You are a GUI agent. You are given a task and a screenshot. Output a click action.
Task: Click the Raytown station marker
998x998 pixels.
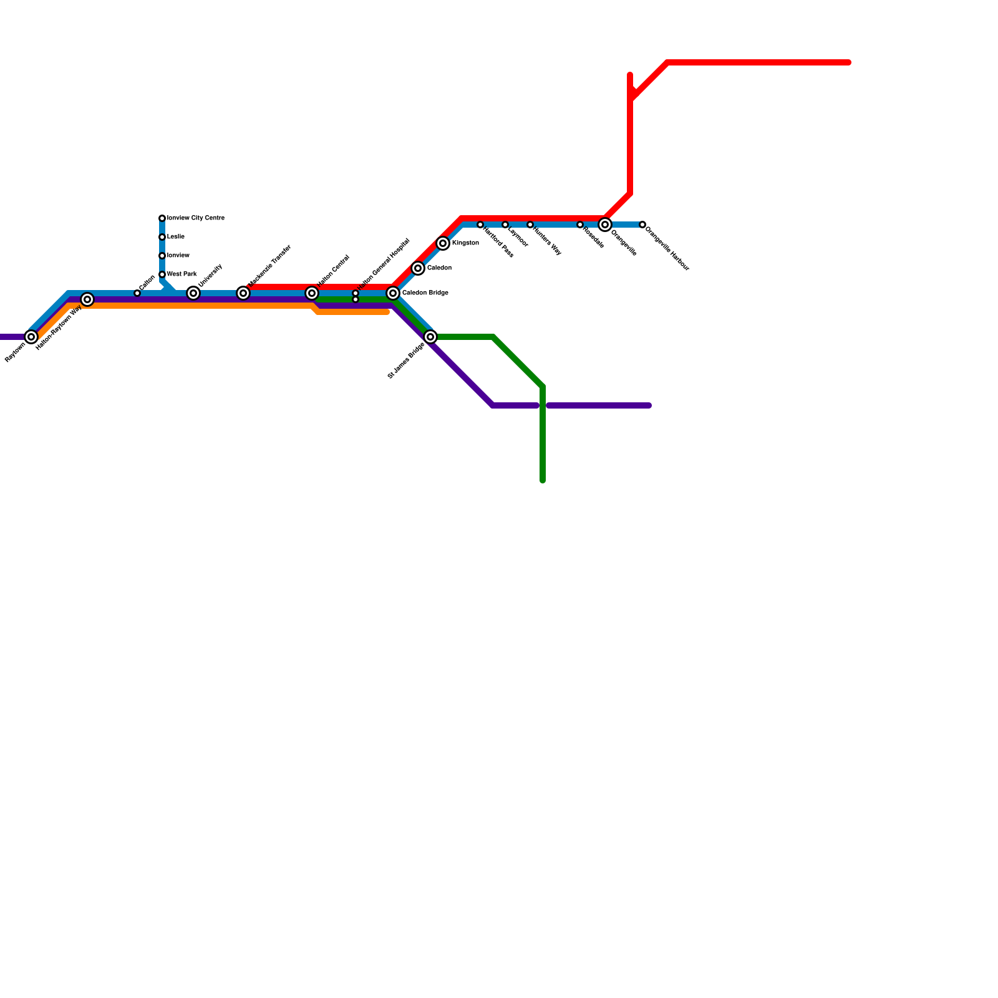pyautogui.click(x=31, y=337)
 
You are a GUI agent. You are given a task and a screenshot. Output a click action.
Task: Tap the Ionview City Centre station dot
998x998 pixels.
pyautogui.click(x=162, y=218)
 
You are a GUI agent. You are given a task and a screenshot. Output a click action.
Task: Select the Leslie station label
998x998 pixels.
pyautogui.click(x=176, y=237)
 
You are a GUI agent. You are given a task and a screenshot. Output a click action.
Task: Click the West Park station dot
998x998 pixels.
pyautogui.click(x=162, y=274)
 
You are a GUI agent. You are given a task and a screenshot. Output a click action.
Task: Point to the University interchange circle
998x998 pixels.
pyautogui.click(x=193, y=293)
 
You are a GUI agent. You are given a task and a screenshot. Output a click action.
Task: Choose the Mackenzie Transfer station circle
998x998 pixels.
pyautogui.click(x=243, y=293)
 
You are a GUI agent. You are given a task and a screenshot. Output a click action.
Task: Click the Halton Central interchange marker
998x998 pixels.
pyautogui.click(x=312, y=293)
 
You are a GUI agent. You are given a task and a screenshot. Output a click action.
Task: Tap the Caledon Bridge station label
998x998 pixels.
pyautogui.click(x=425, y=293)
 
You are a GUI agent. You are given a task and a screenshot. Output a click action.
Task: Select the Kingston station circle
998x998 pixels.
pyautogui.click(x=443, y=243)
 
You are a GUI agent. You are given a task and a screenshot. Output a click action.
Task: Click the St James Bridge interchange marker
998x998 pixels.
pyautogui.click(x=430, y=337)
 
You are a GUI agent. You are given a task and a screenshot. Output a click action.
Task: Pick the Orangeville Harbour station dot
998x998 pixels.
pyautogui.click(x=642, y=225)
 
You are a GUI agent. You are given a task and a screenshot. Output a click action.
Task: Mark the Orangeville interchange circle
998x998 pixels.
pyautogui.click(x=605, y=225)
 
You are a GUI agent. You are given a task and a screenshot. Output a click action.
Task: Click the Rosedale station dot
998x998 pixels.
pyautogui.click(x=580, y=225)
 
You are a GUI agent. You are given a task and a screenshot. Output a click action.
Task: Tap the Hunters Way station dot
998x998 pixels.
pyautogui.click(x=530, y=225)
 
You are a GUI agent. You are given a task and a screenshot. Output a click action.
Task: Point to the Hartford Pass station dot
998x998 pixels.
pyautogui.click(x=480, y=225)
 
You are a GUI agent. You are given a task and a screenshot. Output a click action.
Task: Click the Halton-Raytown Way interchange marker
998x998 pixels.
pyautogui.click(x=87, y=299)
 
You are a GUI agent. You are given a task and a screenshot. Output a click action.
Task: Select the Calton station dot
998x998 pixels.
pyautogui.click(x=137, y=293)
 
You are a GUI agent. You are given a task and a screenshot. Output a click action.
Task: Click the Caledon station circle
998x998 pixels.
pyautogui.click(x=418, y=268)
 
